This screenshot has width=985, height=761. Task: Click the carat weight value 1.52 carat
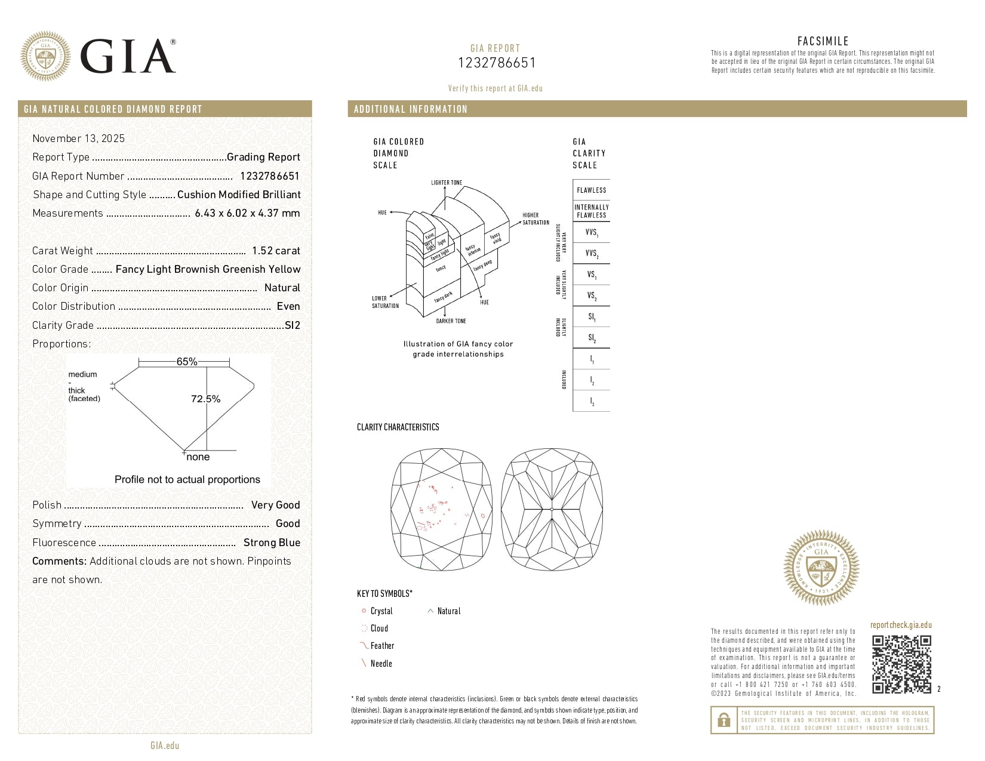pyautogui.click(x=276, y=251)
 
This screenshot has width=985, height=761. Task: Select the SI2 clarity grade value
pyautogui.click(x=293, y=325)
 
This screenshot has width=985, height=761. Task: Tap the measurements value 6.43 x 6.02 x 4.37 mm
pyautogui.click(x=247, y=213)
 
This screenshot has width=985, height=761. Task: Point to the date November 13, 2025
pyautogui.click(x=78, y=138)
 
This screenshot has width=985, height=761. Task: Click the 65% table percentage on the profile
pyautogui.click(x=186, y=362)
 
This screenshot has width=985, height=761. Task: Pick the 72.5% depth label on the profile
pyautogui.click(x=205, y=399)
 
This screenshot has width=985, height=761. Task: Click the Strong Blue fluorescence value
pyautogui.click(x=272, y=543)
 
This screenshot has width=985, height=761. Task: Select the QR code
pyautogui.click(x=901, y=664)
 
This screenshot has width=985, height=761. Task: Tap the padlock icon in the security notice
pyautogui.click(x=724, y=720)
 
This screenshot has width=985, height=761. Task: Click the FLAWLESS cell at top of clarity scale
pyautogui.click(x=591, y=190)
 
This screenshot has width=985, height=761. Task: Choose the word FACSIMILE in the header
pyautogui.click(x=823, y=41)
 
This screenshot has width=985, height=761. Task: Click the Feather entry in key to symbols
pyautogui.click(x=382, y=646)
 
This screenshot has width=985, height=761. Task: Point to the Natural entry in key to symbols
pyautogui.click(x=448, y=611)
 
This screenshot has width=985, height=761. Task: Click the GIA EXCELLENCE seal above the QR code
pyautogui.click(x=821, y=568)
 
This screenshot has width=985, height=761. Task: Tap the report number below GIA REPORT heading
pyautogui.click(x=496, y=63)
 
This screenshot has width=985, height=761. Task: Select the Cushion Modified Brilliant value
pyautogui.click(x=239, y=195)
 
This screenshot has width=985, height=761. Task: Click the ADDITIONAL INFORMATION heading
pyautogui.click(x=410, y=109)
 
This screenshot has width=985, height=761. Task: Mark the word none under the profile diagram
pyautogui.click(x=198, y=457)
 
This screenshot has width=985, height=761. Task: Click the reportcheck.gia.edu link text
pyautogui.click(x=901, y=625)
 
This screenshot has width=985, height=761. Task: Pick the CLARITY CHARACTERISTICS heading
pyautogui.click(x=398, y=427)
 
